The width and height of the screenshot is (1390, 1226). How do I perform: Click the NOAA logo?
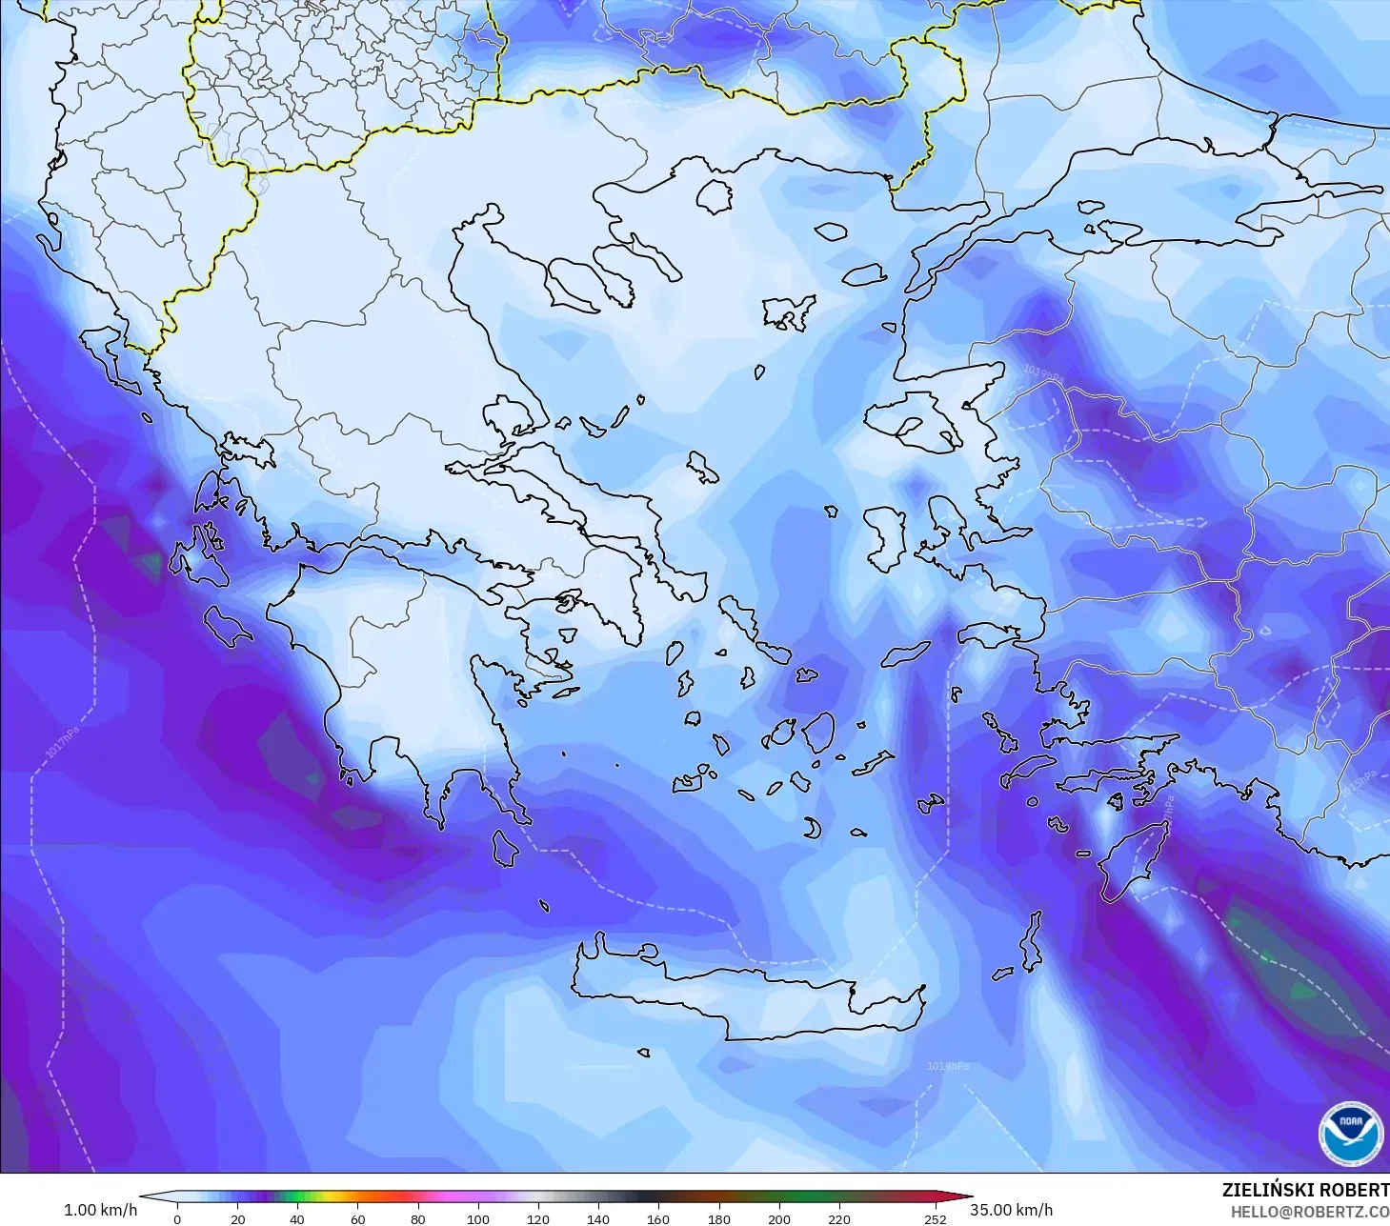click(x=1350, y=1134)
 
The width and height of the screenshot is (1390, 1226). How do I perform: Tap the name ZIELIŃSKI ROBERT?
click(x=1305, y=1190)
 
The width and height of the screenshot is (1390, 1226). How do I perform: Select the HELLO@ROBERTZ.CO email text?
click(x=1309, y=1212)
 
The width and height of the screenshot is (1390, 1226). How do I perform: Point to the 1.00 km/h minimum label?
click(x=100, y=1210)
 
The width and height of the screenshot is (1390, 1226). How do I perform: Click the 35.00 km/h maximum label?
click(x=1011, y=1210)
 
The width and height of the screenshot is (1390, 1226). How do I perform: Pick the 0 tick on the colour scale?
click(x=177, y=1219)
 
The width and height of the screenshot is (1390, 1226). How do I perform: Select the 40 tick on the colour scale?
click(x=297, y=1219)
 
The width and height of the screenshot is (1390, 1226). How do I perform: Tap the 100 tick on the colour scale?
click(x=478, y=1219)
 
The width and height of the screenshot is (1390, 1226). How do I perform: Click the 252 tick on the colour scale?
click(x=936, y=1219)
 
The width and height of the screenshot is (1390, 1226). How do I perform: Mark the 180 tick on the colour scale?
click(x=719, y=1219)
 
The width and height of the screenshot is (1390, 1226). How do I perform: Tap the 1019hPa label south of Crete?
click(x=948, y=1066)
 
